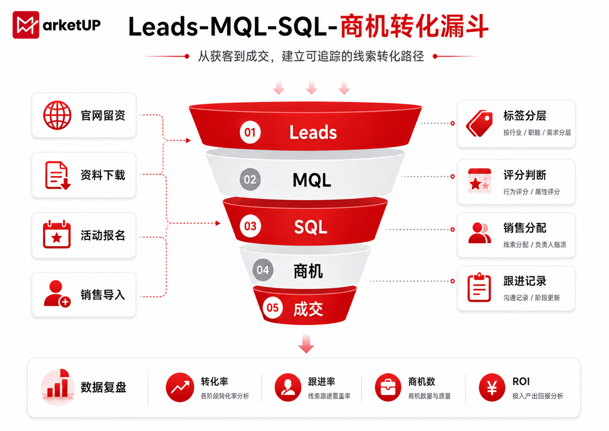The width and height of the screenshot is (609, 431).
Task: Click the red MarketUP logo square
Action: pyautogui.click(x=26, y=25)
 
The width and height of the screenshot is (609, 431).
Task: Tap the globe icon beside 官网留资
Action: pyautogui.click(x=57, y=115)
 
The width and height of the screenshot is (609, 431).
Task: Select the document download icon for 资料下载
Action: pyautogui.click(x=58, y=175)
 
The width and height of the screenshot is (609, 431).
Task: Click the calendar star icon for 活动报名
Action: pyautogui.click(x=56, y=234)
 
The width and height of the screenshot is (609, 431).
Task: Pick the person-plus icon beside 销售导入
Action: pyautogui.click(x=57, y=294)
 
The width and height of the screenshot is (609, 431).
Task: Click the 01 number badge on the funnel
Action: pyautogui.click(x=250, y=132)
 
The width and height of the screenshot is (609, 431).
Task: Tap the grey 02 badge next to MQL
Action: pyautogui.click(x=250, y=179)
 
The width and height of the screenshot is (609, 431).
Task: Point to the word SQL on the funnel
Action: pyautogui.click(x=310, y=227)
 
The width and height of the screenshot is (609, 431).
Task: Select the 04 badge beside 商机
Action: pyautogui.click(x=263, y=270)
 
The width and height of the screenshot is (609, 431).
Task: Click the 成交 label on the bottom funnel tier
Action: pyautogui.click(x=308, y=309)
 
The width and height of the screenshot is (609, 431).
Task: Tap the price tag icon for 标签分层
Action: pyautogui.click(x=479, y=123)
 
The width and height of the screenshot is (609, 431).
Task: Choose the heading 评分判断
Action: pyautogui.click(x=525, y=175)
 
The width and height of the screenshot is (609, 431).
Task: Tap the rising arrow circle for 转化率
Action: pyautogui.click(x=180, y=387)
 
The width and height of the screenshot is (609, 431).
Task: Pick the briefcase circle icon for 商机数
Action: pyautogui.click(x=388, y=387)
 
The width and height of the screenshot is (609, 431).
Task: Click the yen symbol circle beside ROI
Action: pyautogui.click(x=492, y=387)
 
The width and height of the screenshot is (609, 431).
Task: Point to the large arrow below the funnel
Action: pyautogui.click(x=306, y=344)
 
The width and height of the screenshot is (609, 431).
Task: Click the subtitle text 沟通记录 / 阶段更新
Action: pyautogui.click(x=531, y=298)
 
